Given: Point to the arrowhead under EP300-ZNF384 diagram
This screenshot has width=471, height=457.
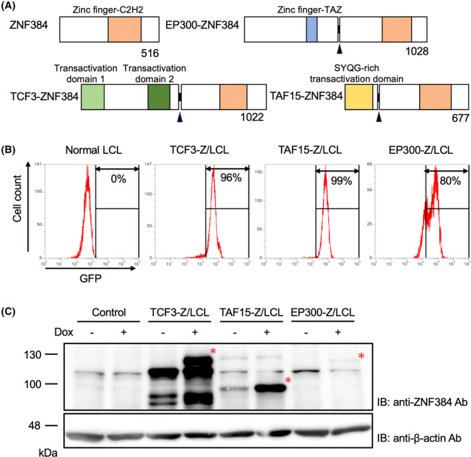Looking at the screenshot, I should [339, 50].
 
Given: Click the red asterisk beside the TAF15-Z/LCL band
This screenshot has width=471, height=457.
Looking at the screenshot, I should [288, 381].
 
